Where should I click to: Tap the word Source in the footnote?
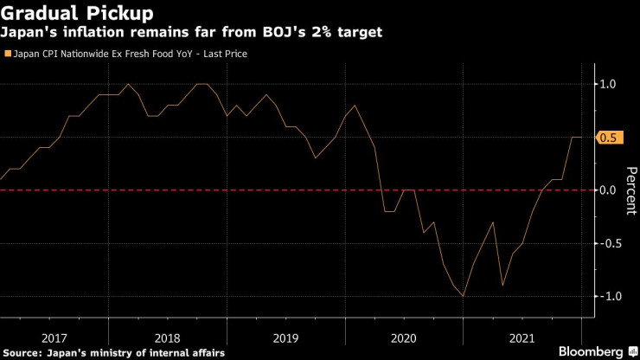point(25,352)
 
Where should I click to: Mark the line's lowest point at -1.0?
point(464,296)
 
